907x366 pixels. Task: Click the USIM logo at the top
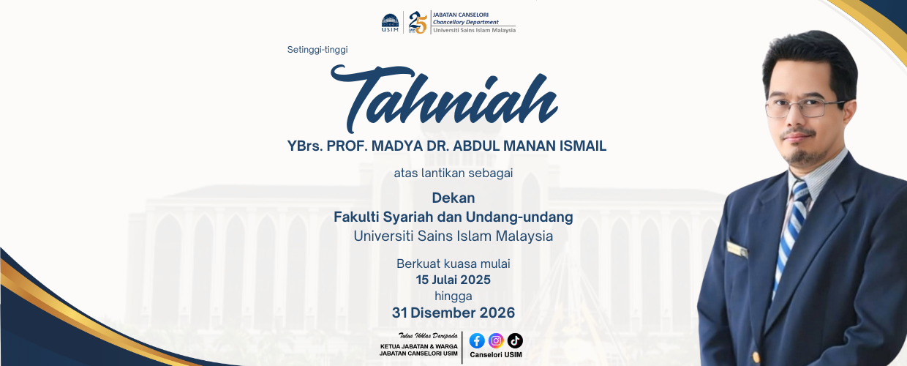click(390, 23)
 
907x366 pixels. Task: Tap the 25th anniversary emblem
click(418, 22)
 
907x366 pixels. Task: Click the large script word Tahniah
click(444, 99)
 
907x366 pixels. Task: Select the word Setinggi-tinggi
click(317, 50)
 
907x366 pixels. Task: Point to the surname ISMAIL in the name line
click(583, 146)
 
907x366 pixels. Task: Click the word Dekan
click(453, 198)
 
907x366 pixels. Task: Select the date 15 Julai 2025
click(453, 280)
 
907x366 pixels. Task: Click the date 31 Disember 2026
click(453, 313)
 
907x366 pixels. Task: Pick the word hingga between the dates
click(453, 296)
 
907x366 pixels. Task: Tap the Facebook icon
click(477, 341)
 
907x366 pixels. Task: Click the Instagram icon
click(496, 341)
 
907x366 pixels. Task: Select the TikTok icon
click(515, 341)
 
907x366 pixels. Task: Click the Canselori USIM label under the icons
click(496, 354)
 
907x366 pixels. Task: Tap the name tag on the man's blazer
click(737, 250)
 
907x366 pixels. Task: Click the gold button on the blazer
click(756, 357)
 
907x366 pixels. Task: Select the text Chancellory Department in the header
click(466, 22)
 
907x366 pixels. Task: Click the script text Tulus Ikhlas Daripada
click(428, 335)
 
